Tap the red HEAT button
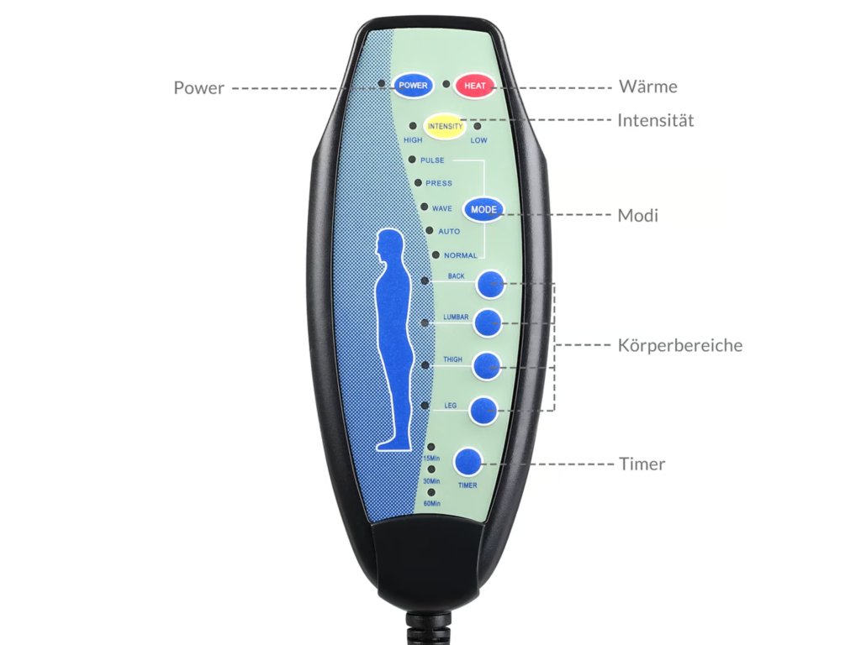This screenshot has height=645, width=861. [475, 86]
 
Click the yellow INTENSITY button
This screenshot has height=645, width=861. [445, 127]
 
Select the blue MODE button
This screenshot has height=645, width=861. [483, 210]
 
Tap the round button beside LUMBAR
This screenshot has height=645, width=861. [489, 322]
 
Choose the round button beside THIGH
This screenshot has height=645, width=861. [487, 365]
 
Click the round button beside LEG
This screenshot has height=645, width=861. [483, 410]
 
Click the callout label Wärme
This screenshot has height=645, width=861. [647, 87]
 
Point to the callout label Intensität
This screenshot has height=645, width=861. [656, 120]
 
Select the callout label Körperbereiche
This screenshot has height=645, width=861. [679, 345]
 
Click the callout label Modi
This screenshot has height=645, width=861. [638, 216]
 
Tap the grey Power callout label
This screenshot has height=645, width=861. [198, 87]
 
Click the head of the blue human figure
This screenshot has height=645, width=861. [388, 246]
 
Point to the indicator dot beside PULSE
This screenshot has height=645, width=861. [411, 159]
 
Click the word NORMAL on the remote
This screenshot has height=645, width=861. [460, 255]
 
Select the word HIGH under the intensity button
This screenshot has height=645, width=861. [413, 140]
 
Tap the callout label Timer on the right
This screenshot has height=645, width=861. [642, 464]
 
